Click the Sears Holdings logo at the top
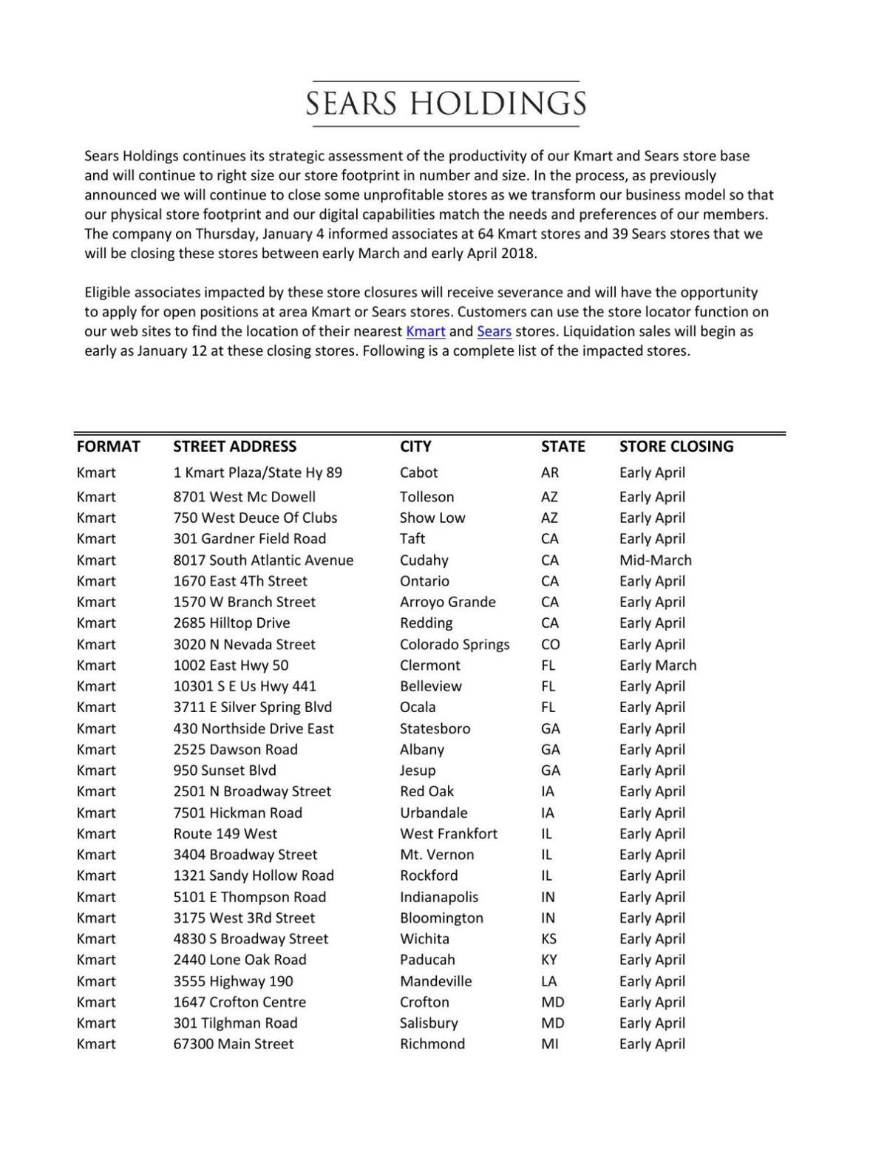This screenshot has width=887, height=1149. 446,104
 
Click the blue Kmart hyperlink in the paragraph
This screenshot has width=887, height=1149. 425,331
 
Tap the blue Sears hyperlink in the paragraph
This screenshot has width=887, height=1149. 494,331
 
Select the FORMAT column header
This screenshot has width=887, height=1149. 108,447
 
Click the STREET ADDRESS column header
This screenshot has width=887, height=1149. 234,447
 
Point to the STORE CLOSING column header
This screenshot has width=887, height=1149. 676,447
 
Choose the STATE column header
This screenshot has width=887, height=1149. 563,447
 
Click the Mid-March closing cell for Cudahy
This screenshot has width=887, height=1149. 655,560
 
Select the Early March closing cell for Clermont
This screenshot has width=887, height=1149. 657,665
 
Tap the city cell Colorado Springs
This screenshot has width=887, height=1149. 454,645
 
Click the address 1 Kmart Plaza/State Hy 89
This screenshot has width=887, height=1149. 257,472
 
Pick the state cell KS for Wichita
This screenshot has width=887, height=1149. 548,939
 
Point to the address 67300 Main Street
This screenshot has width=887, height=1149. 233,1044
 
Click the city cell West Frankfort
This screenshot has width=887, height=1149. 448,834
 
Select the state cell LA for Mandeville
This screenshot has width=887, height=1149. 548,981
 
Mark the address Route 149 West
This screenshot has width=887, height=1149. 225,834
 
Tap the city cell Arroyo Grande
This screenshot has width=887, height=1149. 447,603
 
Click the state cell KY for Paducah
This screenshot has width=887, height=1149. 548,960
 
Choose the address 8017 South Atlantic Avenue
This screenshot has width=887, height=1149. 263,560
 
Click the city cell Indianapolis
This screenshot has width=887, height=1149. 438,897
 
